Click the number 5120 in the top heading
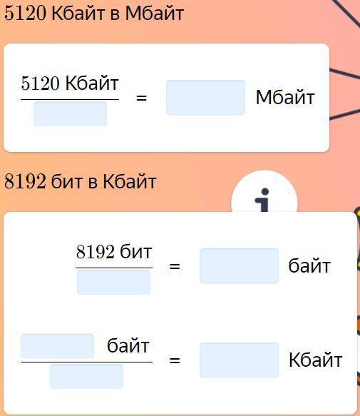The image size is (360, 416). pyautogui.click(x=25, y=14)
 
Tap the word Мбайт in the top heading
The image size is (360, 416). pyautogui.click(x=155, y=14)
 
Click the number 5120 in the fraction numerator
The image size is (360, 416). pyautogui.click(x=40, y=83)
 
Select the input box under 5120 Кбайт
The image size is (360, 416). pyautogui.click(x=70, y=114)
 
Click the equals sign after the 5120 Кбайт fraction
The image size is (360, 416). pyautogui.click(x=141, y=98)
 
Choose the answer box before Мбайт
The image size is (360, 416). pyautogui.click(x=205, y=98)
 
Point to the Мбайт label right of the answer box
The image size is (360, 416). pyautogui.click(x=285, y=97)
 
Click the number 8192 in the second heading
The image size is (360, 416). pyautogui.click(x=25, y=181)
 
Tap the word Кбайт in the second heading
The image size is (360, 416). pyautogui.click(x=130, y=181)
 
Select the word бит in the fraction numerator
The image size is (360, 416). pyautogui.click(x=136, y=251)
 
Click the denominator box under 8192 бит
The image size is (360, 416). pyautogui.click(x=114, y=283)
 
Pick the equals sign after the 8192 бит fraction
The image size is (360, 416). pyautogui.click(x=175, y=266)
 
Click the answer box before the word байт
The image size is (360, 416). pyautogui.click(x=239, y=266)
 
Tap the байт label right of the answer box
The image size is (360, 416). pyautogui.click(x=309, y=266)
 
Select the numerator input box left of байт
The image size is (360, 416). pyautogui.click(x=57, y=346)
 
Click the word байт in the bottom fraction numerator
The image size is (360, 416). pyautogui.click(x=128, y=346)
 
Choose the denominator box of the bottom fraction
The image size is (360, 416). pyautogui.click(x=86, y=377)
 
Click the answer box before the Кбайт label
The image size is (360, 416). pyautogui.click(x=239, y=360)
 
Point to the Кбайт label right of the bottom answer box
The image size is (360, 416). pyautogui.click(x=316, y=360)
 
